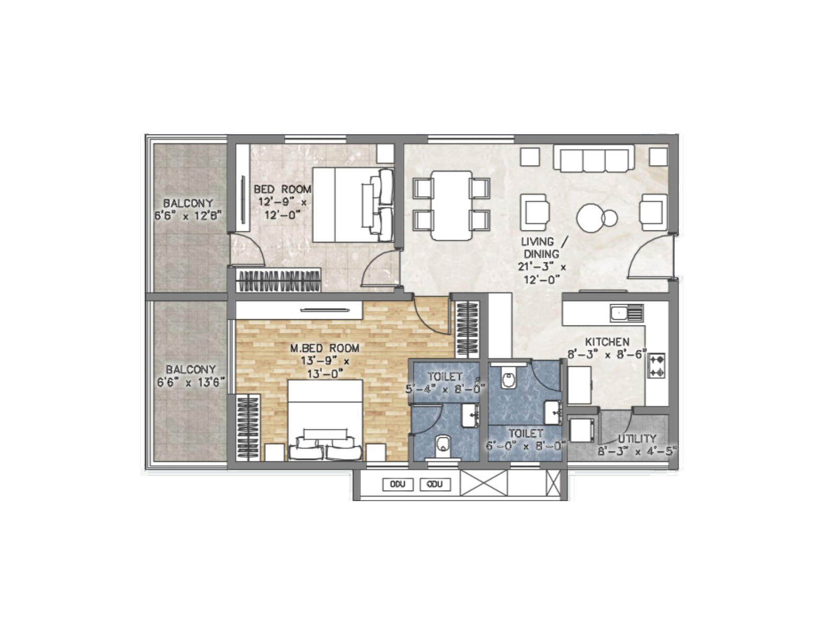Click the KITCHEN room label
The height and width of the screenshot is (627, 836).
pos(607,342)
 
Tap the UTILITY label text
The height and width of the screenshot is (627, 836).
pos(636,438)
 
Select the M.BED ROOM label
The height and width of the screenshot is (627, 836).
pos(324,348)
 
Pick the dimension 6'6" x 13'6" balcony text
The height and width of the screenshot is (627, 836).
pos(191,382)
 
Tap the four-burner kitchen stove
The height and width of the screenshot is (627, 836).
pos(656,365)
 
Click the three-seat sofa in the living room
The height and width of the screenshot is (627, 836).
pos(594,158)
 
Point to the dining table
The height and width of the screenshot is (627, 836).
pos(451,205)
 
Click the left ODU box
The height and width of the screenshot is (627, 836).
pos(398,484)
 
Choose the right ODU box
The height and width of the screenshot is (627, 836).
pos(435,484)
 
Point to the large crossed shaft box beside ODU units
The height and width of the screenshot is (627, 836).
pos(484,483)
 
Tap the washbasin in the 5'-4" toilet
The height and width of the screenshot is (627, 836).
pos(471,415)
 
